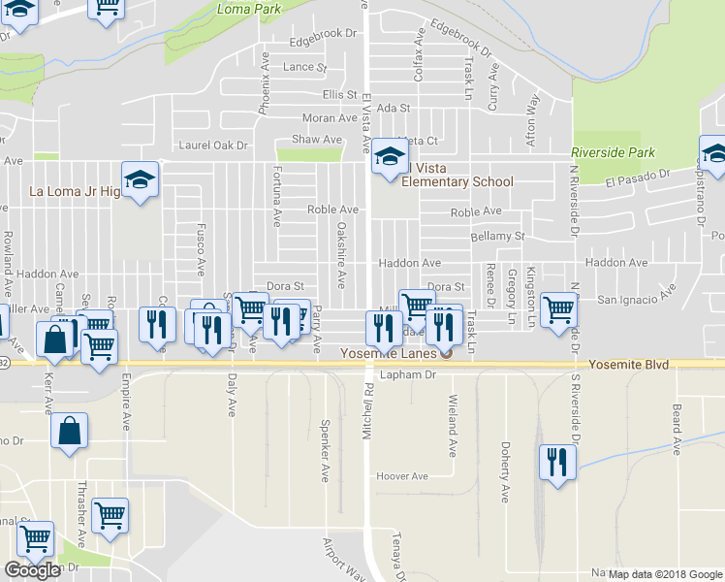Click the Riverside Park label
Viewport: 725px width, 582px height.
[613, 152]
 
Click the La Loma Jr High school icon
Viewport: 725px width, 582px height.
[141, 179]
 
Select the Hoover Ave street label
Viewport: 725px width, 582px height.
[402, 476]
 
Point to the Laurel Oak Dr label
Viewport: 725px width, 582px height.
[213, 145]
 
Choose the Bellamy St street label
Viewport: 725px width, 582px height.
[497, 236]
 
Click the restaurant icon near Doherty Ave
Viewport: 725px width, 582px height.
[555, 462]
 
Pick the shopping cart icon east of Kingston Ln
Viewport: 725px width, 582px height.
[558, 311]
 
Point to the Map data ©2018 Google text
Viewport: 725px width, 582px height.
[665, 574]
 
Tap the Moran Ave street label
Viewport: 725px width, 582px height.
[330, 118]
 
